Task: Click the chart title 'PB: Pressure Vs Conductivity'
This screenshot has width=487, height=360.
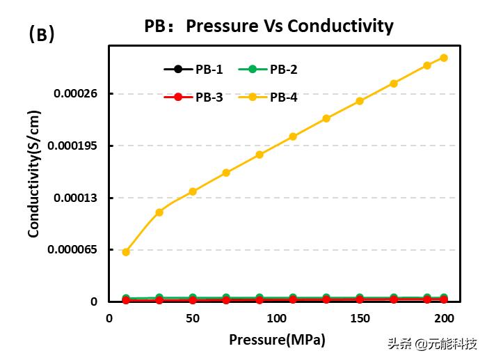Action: click(x=269, y=26)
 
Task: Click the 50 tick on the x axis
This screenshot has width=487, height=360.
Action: click(x=193, y=318)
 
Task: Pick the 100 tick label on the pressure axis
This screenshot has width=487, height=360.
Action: click(x=276, y=318)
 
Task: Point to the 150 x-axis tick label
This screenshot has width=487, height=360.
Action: click(x=360, y=318)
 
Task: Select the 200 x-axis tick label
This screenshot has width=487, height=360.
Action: click(x=444, y=318)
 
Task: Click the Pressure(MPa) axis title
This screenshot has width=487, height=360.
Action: click(x=277, y=340)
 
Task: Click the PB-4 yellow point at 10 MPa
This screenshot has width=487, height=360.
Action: click(x=126, y=252)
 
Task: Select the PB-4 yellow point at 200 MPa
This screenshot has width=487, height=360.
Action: click(x=444, y=58)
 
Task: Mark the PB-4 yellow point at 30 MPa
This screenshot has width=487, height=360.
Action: click(x=159, y=212)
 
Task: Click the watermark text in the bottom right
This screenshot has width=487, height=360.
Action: click(x=431, y=344)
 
